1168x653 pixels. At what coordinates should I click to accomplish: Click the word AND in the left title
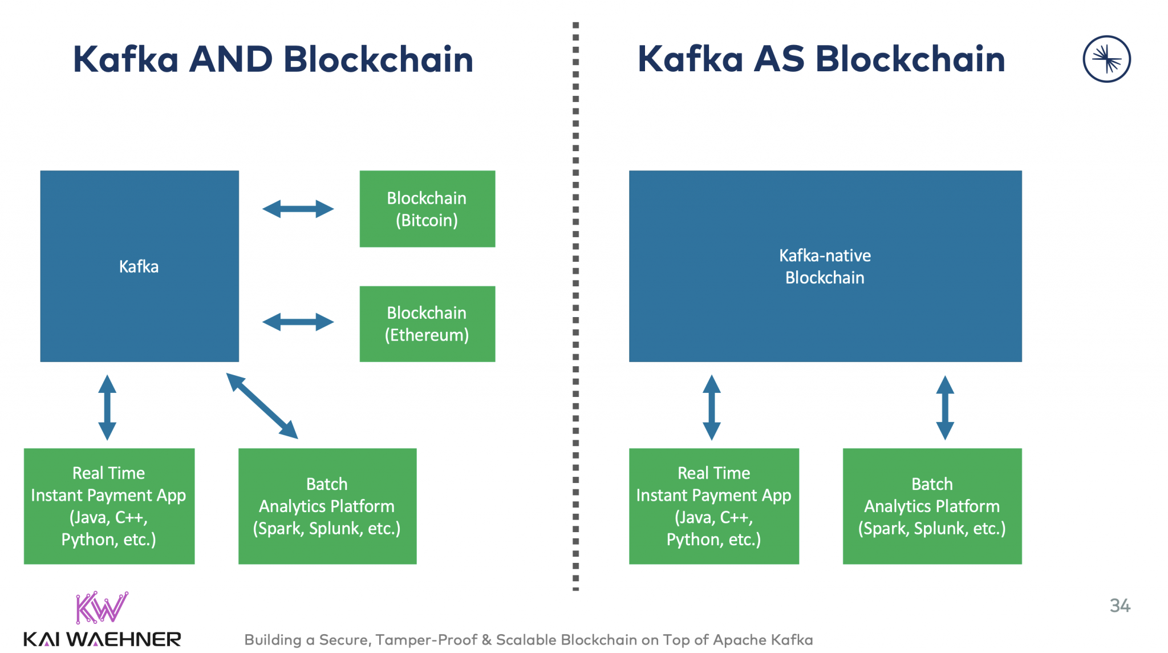(230, 59)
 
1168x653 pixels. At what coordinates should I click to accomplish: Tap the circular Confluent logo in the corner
(1106, 59)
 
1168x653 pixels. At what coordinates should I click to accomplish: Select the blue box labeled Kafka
(139, 266)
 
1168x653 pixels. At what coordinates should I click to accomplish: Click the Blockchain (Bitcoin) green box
(427, 209)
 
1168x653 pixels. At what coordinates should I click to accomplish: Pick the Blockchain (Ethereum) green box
(427, 323)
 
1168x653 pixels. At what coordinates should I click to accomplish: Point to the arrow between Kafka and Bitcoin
(298, 209)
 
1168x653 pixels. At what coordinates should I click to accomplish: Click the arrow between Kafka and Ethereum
(298, 322)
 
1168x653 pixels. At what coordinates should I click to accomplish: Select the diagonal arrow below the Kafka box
(262, 405)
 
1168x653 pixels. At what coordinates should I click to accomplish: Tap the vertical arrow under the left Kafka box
(107, 407)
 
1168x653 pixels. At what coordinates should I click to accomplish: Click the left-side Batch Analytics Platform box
(327, 506)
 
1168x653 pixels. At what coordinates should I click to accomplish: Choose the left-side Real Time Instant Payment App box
(109, 506)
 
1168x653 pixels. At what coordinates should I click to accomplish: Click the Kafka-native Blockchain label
(825, 266)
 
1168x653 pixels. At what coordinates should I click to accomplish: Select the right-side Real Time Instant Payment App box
(713, 506)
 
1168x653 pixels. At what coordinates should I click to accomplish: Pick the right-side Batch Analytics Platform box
(932, 506)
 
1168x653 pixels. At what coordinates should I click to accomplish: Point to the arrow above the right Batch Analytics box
(945, 407)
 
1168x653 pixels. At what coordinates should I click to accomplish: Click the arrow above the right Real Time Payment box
(711, 407)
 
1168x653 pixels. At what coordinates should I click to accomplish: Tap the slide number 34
(1120, 606)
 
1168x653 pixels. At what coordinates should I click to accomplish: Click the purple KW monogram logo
(102, 607)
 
